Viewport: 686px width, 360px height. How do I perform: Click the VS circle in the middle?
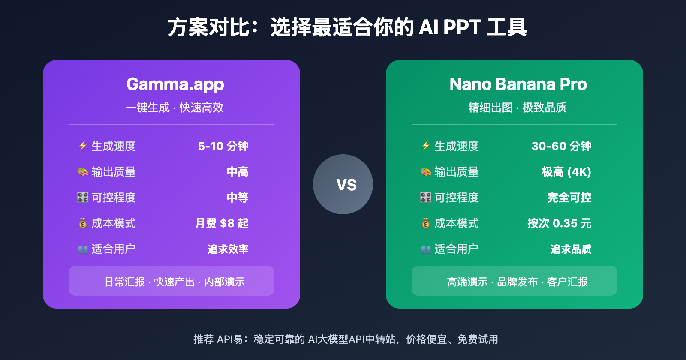coord(343,184)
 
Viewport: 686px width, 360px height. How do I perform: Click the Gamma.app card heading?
coord(175,84)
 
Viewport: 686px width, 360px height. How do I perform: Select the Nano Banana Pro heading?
coord(518,84)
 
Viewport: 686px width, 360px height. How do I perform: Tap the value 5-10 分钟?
coord(223,146)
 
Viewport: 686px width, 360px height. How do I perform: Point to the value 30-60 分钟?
coord(561,146)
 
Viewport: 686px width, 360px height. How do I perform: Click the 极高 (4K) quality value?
coord(566,172)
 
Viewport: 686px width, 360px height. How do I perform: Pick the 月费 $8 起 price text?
coord(222,223)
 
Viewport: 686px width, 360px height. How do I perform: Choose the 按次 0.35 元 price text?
coord(559,223)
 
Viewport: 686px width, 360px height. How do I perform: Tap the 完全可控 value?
coord(569,198)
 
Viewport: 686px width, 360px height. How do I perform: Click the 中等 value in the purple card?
coord(238,198)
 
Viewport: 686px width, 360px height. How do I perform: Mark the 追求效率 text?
coord(228,249)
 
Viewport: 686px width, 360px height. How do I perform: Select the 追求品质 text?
coord(571,249)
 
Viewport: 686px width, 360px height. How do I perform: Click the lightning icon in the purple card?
coord(83,146)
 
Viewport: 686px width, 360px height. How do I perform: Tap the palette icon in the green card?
coord(426,172)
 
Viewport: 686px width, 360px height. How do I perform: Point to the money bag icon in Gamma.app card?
coord(83,223)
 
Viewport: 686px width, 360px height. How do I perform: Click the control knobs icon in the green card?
coord(426,198)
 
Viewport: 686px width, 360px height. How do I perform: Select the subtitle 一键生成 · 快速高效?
coord(175,108)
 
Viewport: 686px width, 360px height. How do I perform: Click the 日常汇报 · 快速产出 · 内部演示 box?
coord(171,281)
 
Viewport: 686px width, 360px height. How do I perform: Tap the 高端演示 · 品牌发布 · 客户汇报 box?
coord(514,281)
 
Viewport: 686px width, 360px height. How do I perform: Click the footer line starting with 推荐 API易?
coord(346,339)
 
